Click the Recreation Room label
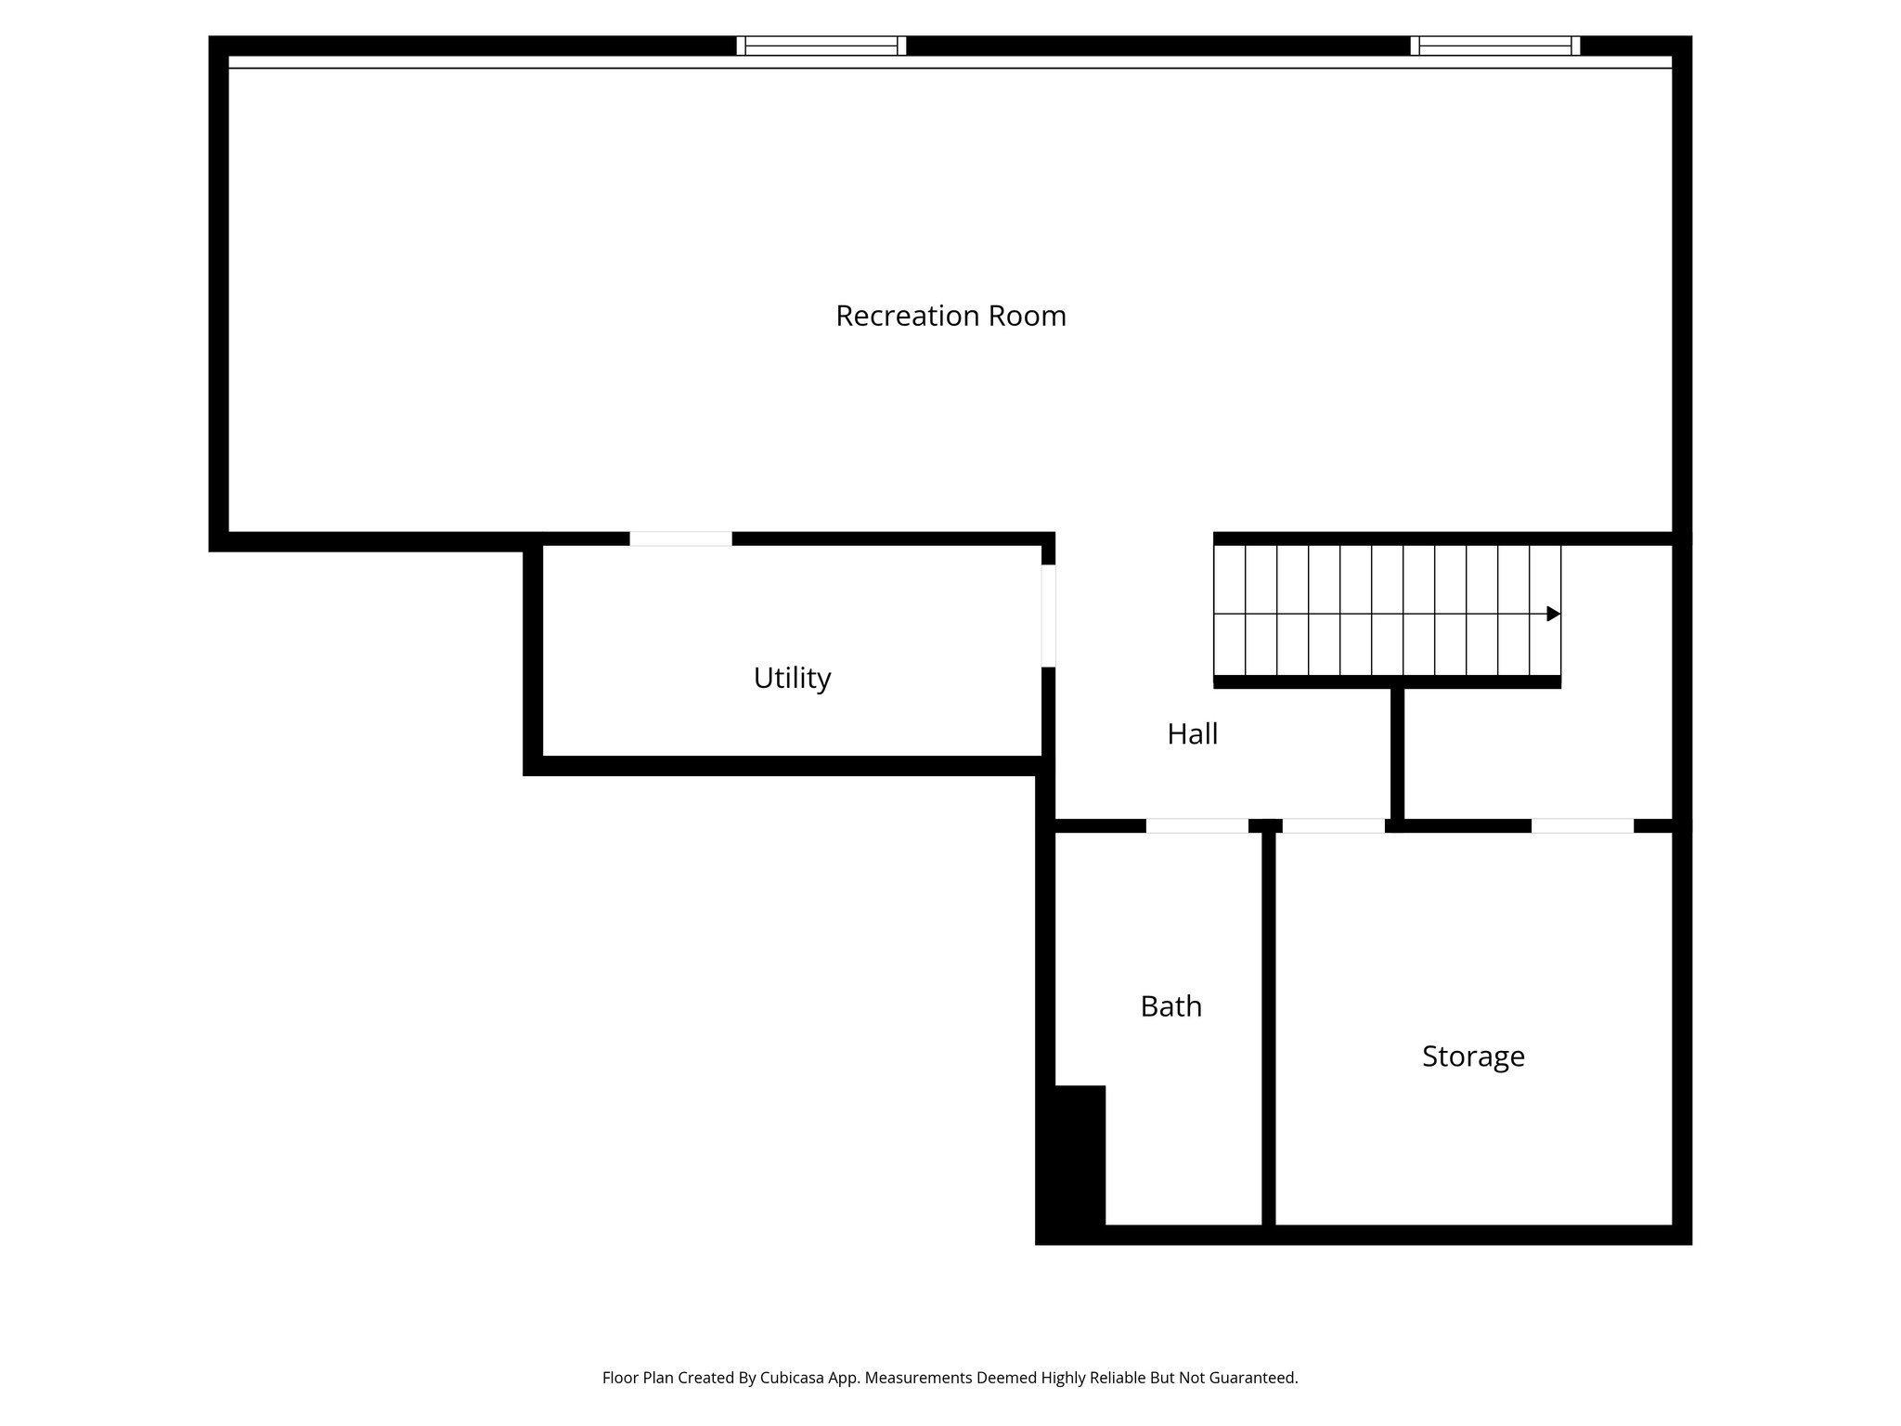950,317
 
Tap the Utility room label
792,679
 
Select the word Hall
1192,734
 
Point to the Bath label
1170,1006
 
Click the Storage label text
1473,1057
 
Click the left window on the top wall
821,45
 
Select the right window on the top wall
1494,45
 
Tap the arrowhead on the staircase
1553,614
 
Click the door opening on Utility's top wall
680,538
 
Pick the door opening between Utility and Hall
1048,616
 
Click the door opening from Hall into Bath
1196,825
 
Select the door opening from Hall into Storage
1333,825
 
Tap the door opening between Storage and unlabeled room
1582,825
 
